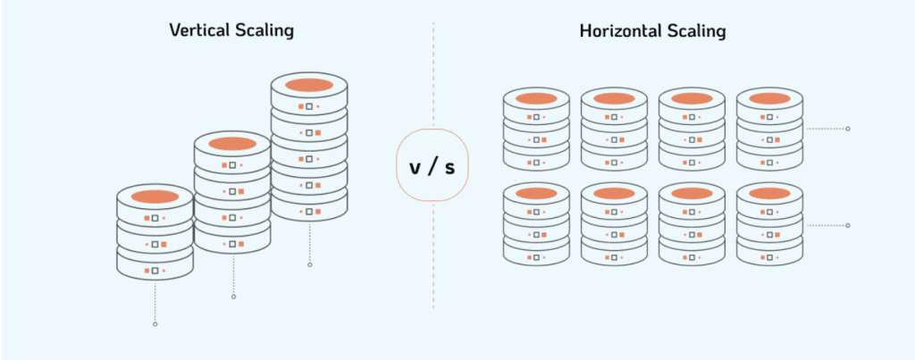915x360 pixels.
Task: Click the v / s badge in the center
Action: coord(432,165)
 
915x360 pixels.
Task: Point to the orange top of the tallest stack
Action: coord(309,85)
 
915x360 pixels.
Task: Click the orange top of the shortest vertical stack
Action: coord(155,196)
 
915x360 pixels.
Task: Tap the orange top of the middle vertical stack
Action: coord(232,143)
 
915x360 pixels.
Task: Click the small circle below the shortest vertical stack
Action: coord(155,323)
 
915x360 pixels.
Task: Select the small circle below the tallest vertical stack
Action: coord(309,264)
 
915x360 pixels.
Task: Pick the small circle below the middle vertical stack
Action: coord(232,297)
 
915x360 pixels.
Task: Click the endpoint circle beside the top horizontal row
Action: coord(848,129)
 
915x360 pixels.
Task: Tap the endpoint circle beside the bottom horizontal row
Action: coord(848,225)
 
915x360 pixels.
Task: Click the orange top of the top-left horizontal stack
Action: coord(536,98)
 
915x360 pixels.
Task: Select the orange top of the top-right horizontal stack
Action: coord(769,98)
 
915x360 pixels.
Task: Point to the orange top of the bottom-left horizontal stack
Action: coord(536,194)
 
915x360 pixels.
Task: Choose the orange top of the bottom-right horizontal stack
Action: coord(769,194)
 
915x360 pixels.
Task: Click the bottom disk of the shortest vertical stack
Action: coord(155,269)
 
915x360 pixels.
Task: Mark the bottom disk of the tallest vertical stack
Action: coord(309,211)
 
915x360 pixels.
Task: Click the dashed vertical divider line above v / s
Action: coord(433,71)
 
